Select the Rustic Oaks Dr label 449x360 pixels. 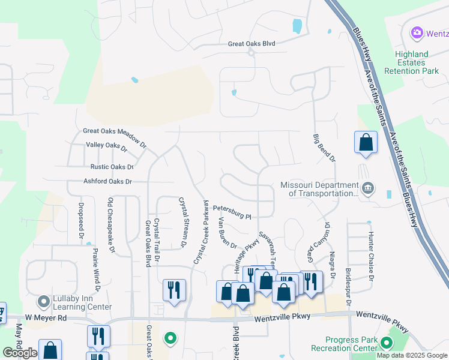click(112, 167)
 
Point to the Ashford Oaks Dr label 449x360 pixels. click(107, 181)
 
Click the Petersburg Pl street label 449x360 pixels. click(231, 212)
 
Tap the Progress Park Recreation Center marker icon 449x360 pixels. click(385, 344)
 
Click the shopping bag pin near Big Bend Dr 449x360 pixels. click(366, 143)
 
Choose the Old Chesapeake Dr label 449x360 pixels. click(110, 226)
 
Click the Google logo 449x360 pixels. click(20, 353)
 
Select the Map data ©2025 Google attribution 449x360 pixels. click(412, 355)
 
